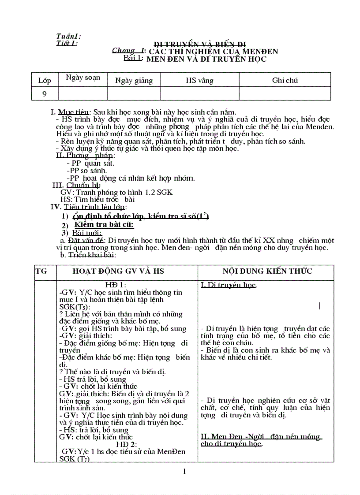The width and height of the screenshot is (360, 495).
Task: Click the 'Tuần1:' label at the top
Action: (x=68, y=37)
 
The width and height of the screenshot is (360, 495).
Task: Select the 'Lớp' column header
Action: (x=45, y=80)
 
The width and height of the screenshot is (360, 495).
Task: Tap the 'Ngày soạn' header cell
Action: (x=83, y=78)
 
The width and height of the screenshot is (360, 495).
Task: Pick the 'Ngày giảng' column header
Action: (x=134, y=80)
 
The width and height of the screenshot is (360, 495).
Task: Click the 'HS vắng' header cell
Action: (x=199, y=80)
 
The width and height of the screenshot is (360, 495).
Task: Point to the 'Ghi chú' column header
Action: (x=285, y=80)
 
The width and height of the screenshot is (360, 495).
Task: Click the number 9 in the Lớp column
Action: (x=45, y=93)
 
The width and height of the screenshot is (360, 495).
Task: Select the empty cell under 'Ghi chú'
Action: (x=285, y=93)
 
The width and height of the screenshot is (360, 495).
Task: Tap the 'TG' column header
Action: (x=41, y=271)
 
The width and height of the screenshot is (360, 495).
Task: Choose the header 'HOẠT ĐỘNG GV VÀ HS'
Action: (x=118, y=271)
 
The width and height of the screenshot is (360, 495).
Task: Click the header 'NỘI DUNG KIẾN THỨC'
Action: (x=267, y=271)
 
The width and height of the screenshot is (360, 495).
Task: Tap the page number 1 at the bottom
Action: (x=184, y=472)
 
